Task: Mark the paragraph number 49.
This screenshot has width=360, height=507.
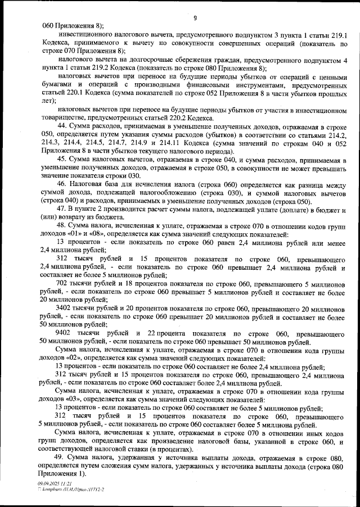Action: pyautogui.click(x=62, y=459)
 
